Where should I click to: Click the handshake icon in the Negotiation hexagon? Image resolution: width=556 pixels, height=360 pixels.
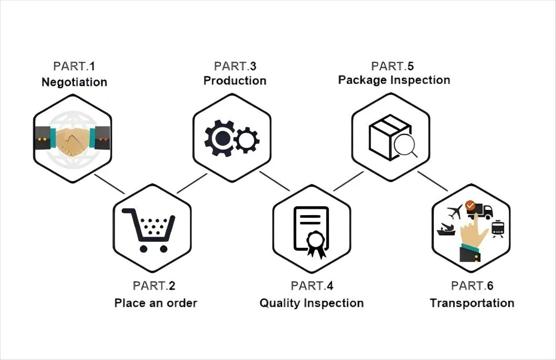pyautogui.click(x=73, y=141)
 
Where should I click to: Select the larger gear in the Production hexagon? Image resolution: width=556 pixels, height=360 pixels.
pyautogui.click(x=218, y=138)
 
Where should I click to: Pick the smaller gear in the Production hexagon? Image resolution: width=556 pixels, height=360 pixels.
pyautogui.click(x=247, y=140)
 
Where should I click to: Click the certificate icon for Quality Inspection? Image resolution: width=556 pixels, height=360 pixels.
pyautogui.click(x=311, y=231)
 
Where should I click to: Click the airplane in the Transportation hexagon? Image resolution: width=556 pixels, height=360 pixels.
pyautogui.click(x=455, y=213)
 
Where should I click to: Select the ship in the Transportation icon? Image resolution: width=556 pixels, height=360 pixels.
pyautogui.click(x=446, y=230)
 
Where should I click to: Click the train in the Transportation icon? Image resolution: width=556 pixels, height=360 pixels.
pyautogui.click(x=498, y=228)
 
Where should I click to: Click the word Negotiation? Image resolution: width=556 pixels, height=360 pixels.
pyautogui.click(x=74, y=82)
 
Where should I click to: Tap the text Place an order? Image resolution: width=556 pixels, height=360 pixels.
pyautogui.click(x=156, y=303)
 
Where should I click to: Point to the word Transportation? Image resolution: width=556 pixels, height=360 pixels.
pyautogui.click(x=472, y=303)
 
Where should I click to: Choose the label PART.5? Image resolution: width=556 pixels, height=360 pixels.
pyautogui.click(x=392, y=66)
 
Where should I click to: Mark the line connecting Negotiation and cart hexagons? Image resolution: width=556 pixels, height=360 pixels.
pyautogui.click(x=109, y=184)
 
